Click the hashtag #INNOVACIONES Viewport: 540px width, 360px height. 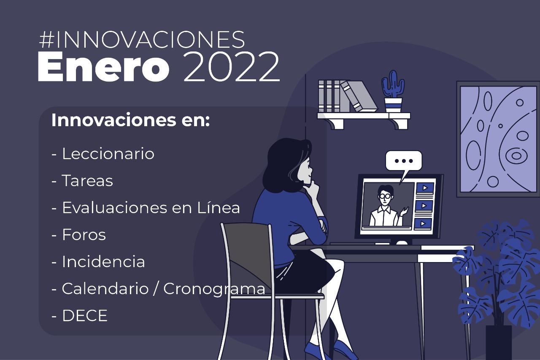[x=142, y=39]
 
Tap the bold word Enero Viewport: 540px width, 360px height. [x=103, y=67]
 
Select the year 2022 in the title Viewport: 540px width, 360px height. [x=232, y=67]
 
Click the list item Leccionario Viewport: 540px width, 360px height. [x=103, y=154]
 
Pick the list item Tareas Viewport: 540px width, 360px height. [x=82, y=181]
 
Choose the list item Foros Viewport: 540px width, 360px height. [x=78, y=234]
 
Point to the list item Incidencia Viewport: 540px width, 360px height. [x=98, y=261]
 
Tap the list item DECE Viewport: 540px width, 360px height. [x=79, y=315]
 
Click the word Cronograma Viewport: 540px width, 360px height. [x=214, y=289]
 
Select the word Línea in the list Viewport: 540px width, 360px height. [x=219, y=207]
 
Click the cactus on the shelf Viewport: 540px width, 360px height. [x=393, y=92]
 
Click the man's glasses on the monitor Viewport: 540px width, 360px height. [x=385, y=196]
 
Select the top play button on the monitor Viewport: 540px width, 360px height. [x=425, y=187]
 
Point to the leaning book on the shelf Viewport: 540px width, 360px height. [x=359, y=96]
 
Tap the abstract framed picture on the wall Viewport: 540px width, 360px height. [x=498, y=139]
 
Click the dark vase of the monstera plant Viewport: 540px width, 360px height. [x=499, y=343]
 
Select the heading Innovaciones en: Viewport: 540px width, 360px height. [x=130, y=120]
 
